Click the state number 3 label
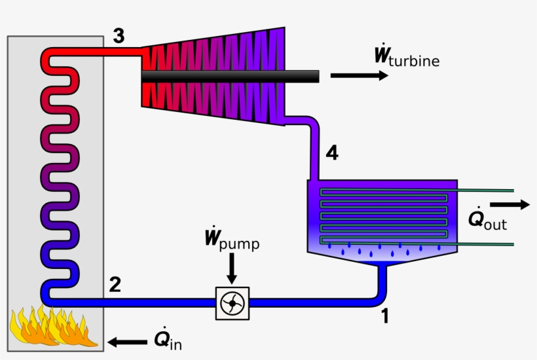coord(118,36)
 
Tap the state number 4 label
coord(332,153)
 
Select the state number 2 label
coord(115,285)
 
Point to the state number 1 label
coord(385,316)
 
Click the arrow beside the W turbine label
coord(359,75)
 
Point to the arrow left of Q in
coord(128,341)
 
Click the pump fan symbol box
coord(232,303)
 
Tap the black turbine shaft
coord(229,77)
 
